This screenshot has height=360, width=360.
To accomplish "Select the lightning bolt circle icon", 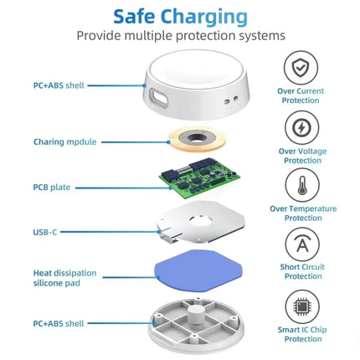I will click(301, 127).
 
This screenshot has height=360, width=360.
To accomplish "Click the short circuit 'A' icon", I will click(301, 245).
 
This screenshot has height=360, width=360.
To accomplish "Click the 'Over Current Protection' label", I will click(301, 95).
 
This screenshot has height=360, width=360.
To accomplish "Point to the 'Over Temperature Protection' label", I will click(302, 213).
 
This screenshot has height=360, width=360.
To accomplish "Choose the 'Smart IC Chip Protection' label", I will click(302, 334).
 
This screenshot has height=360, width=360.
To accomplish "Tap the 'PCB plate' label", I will click(53, 187).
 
